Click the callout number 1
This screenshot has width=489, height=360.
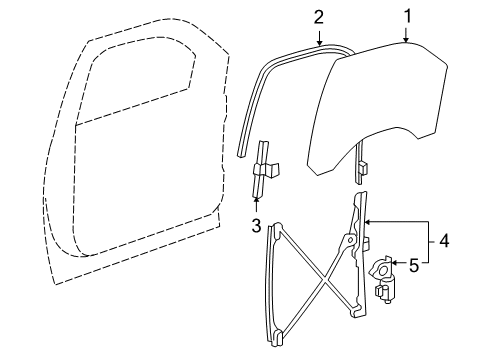coord(407,15)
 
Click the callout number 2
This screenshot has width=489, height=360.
coord(319,16)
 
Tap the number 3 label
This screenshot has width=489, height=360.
coord(255,225)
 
